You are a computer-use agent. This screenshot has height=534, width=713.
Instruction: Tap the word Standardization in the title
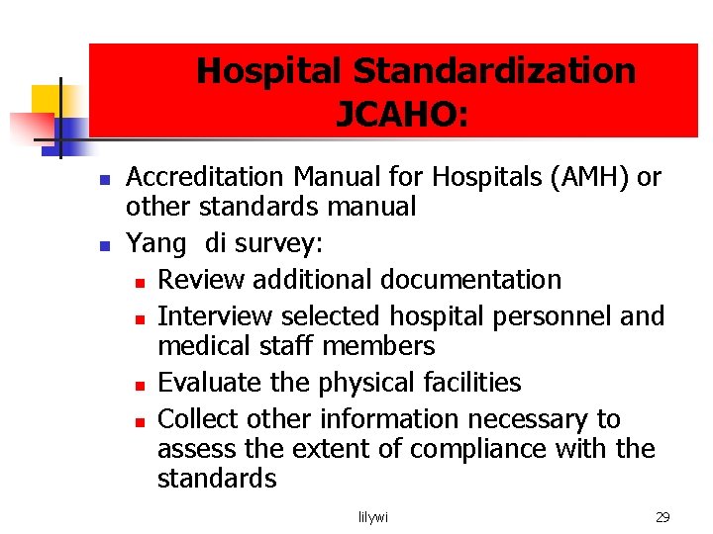[x=494, y=71]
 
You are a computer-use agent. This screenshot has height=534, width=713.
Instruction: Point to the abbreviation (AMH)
[x=594, y=177]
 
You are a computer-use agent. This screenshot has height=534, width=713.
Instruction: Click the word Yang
[x=155, y=243]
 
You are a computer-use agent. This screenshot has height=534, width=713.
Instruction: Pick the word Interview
[x=215, y=316]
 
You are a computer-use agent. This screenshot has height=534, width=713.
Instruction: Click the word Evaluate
[x=210, y=383]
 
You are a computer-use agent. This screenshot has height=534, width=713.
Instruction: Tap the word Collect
[x=202, y=419]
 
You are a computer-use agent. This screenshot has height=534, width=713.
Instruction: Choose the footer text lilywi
[x=373, y=517]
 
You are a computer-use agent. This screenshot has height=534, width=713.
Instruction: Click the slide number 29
[x=662, y=517]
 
